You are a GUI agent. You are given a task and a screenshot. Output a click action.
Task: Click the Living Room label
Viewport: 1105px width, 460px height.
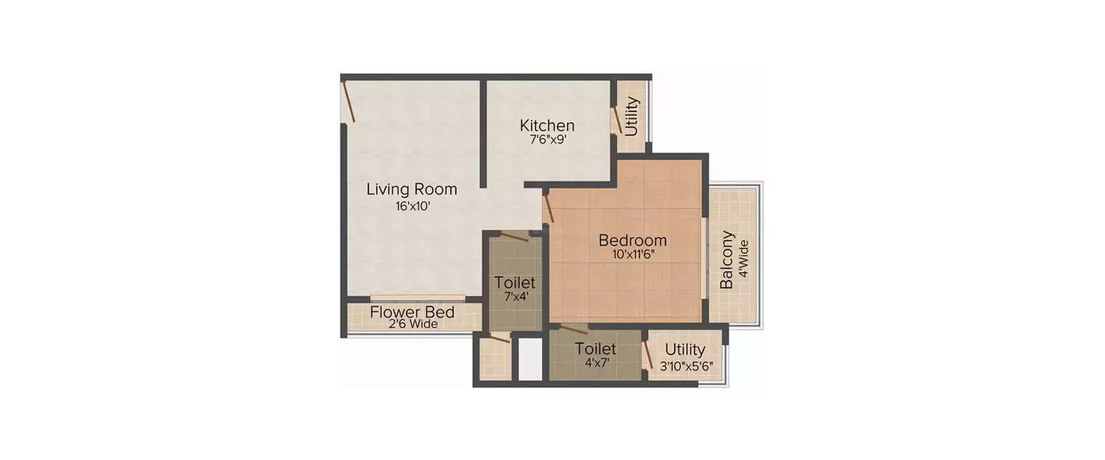pos(412,189)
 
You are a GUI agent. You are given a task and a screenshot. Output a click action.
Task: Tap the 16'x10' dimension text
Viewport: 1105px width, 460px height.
pos(412,207)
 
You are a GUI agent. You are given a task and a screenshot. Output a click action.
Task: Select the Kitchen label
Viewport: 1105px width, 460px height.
pos(547,125)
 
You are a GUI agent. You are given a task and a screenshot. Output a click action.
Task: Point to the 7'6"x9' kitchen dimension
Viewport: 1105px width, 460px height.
pos(547,140)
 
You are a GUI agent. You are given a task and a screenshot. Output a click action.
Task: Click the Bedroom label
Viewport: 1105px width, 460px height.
pos(632,240)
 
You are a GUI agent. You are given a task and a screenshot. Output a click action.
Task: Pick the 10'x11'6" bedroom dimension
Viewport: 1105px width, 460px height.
pos(632,255)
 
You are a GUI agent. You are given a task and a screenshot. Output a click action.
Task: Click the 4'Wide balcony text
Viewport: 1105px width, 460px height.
pos(743,259)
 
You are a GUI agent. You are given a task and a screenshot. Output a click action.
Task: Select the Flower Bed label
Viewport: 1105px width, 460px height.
pos(412,311)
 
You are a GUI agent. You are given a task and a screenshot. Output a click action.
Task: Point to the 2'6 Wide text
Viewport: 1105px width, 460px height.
pos(413,324)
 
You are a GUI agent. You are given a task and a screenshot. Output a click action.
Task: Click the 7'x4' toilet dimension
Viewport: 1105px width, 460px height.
pos(515,297)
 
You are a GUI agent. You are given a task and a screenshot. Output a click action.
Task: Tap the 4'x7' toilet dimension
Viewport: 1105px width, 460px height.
pos(595,363)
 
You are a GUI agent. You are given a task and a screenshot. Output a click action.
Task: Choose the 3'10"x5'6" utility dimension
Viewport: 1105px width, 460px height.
pos(685,364)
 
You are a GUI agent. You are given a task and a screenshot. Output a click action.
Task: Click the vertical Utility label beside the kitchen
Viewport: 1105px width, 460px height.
pos(631,116)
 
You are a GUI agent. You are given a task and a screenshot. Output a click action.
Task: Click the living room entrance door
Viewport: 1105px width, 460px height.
pos(349,102)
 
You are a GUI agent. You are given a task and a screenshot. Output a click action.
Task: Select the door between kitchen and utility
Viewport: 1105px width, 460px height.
pos(614,119)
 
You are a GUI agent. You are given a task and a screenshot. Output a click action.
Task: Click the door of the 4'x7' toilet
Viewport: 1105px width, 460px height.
pos(572,329)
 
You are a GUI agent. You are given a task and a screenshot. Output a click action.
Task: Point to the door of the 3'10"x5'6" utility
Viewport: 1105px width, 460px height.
pos(648,355)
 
